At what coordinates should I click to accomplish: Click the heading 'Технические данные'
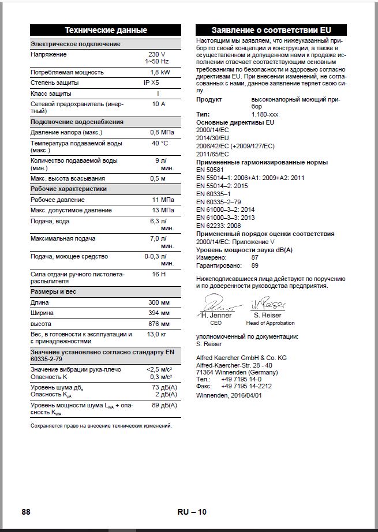pos(106,30)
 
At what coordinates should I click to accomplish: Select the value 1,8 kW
pos(160,72)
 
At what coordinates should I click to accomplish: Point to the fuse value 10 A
pos(159,104)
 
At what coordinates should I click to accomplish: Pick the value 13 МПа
pos(162,210)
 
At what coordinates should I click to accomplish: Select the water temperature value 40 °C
pos(159,143)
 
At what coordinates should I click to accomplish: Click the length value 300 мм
pos(159,302)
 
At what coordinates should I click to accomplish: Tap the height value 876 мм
pos(159,324)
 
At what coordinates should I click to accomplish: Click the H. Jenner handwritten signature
pos(216,304)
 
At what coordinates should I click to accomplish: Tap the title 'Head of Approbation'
pos(270,323)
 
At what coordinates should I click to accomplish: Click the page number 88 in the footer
pos(27,512)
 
